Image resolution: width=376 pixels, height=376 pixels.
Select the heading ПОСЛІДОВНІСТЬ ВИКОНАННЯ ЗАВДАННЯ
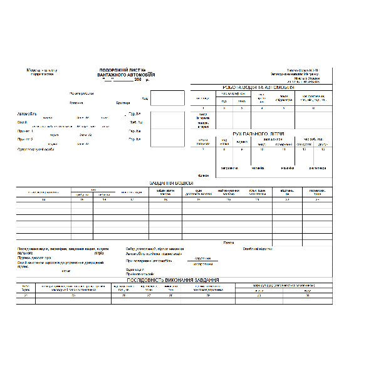(174, 279)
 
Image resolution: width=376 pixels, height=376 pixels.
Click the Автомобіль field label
(27, 114)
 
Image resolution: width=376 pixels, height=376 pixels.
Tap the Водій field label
(22, 122)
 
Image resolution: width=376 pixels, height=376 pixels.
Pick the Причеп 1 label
(25, 130)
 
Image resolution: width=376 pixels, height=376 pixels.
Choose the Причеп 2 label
(25, 138)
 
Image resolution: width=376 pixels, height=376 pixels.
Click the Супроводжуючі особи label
(36, 149)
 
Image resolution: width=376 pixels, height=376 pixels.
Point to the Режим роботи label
(81, 93)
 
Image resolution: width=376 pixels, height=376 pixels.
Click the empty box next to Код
(167, 98)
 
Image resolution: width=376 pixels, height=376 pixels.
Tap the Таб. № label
(135, 122)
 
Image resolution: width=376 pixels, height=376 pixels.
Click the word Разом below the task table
(229, 242)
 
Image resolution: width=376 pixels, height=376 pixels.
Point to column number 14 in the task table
(43, 199)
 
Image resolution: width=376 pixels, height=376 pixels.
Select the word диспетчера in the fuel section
(316, 168)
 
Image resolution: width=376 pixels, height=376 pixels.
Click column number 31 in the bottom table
(307, 295)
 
